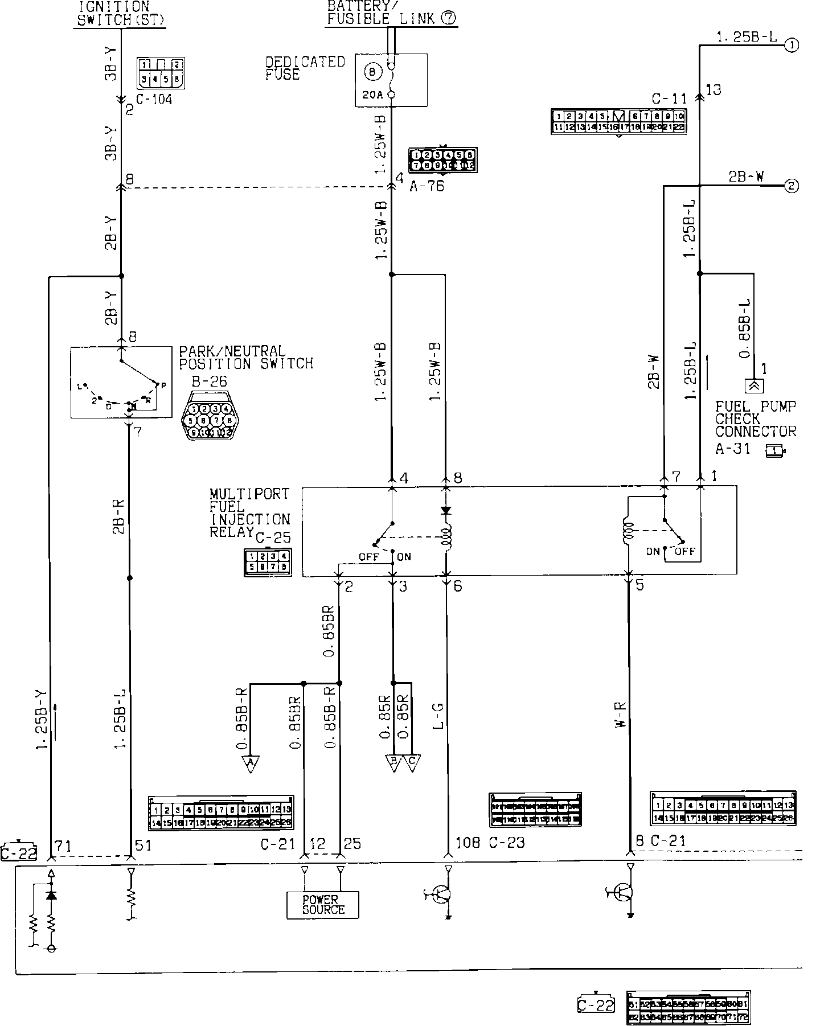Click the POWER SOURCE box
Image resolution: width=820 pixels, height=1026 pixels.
click(x=323, y=904)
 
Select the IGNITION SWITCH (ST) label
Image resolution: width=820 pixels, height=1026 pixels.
click(x=121, y=13)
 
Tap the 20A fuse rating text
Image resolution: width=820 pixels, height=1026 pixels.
click(x=372, y=95)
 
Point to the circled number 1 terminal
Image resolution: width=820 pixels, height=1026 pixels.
click(x=791, y=45)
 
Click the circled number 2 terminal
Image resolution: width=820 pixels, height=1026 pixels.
click(x=791, y=185)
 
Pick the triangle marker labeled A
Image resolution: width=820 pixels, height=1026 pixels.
click(x=251, y=763)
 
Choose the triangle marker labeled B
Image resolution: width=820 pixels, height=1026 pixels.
click(x=393, y=763)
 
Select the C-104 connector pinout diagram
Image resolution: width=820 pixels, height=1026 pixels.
click(x=161, y=72)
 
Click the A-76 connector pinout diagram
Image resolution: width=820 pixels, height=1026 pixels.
click(x=442, y=161)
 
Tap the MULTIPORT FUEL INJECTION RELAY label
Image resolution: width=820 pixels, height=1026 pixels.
click(x=249, y=512)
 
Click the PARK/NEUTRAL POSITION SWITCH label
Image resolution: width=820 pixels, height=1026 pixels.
click(x=245, y=357)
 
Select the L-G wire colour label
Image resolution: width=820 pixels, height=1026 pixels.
click(x=439, y=716)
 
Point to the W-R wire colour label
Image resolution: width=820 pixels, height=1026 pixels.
click(x=621, y=715)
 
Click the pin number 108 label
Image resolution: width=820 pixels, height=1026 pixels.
click(x=468, y=843)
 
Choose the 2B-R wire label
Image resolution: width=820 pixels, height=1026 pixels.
click(x=119, y=517)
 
